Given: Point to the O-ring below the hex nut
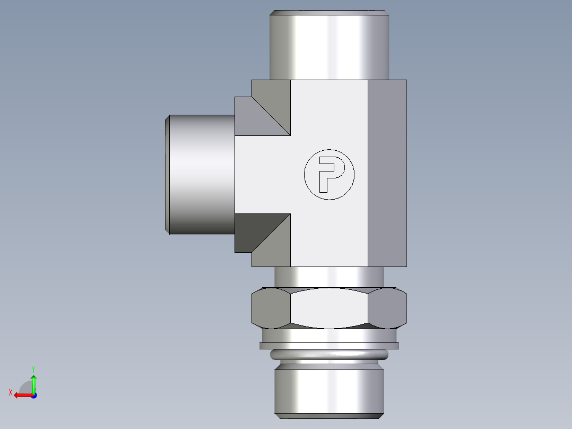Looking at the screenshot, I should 329,355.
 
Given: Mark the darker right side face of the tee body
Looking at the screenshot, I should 387,173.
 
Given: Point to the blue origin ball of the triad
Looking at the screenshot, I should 34,395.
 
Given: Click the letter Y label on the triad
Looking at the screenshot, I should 33,368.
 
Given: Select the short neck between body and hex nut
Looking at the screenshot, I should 329,277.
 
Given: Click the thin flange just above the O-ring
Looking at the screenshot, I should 329,346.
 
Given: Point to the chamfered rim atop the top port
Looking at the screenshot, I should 329,12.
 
